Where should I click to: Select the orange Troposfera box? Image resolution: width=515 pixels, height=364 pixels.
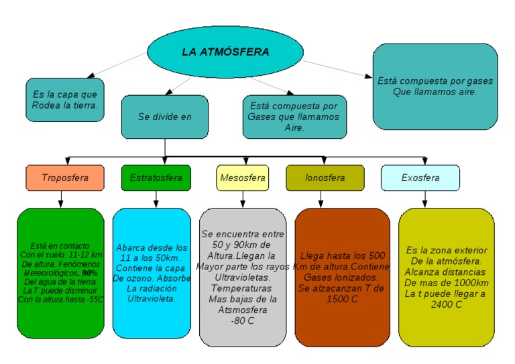tap(65, 178)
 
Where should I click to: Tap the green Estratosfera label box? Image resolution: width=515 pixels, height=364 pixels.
tap(156, 178)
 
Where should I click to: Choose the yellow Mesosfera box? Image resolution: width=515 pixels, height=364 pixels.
tap(242, 178)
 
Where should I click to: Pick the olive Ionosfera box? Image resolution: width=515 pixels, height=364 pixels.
tap(325, 178)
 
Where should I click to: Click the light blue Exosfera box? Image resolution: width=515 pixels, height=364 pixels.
tap(420, 178)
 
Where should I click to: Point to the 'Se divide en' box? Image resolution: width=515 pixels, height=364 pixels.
tap(164, 117)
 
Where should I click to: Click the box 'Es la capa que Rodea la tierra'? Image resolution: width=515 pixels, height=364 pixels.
tap(64, 100)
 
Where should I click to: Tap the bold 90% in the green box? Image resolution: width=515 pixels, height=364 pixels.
tap(89, 274)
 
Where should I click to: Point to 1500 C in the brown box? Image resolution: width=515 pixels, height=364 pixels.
tap(342, 298)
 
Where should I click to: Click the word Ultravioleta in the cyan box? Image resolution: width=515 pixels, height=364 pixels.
tap(152, 298)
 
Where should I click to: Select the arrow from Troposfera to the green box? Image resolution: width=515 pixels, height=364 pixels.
tap(61, 199)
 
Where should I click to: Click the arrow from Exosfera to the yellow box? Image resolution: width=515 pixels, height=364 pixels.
tap(424, 199)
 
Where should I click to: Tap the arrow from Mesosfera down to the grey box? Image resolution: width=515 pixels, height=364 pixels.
tap(242, 199)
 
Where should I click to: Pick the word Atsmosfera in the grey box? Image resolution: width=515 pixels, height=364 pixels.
tap(242, 310)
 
